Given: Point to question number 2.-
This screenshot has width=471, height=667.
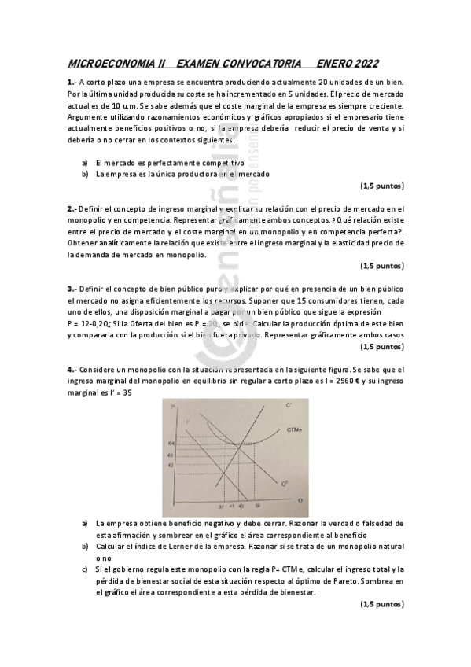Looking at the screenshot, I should (x=72, y=208).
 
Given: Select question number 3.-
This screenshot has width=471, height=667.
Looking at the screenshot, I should (x=72, y=289).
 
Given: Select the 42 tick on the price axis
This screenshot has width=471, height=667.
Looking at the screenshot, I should (x=170, y=464).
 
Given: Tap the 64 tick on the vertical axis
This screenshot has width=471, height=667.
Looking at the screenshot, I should (x=170, y=444).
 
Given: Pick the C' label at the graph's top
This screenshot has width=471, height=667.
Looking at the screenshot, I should (x=289, y=405).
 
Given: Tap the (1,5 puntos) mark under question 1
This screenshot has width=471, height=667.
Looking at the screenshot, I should (x=382, y=186).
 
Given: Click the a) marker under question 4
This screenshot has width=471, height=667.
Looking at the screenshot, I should (x=85, y=523).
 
